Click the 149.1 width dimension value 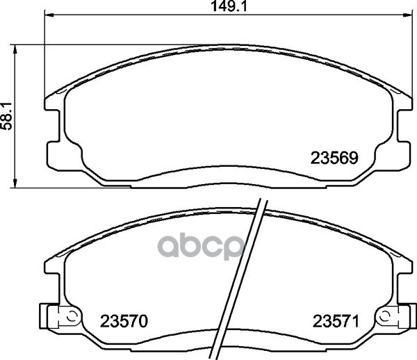(x=229, y=6)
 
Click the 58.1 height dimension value (x=7, y=116)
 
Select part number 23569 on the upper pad (x=334, y=158)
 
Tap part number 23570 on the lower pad (x=124, y=321)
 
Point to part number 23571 (x=336, y=321)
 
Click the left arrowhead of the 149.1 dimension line (x=49, y=15)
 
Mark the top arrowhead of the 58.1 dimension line (x=15, y=49)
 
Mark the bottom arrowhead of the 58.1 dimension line (x=15, y=183)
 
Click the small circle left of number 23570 (x=71, y=317)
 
